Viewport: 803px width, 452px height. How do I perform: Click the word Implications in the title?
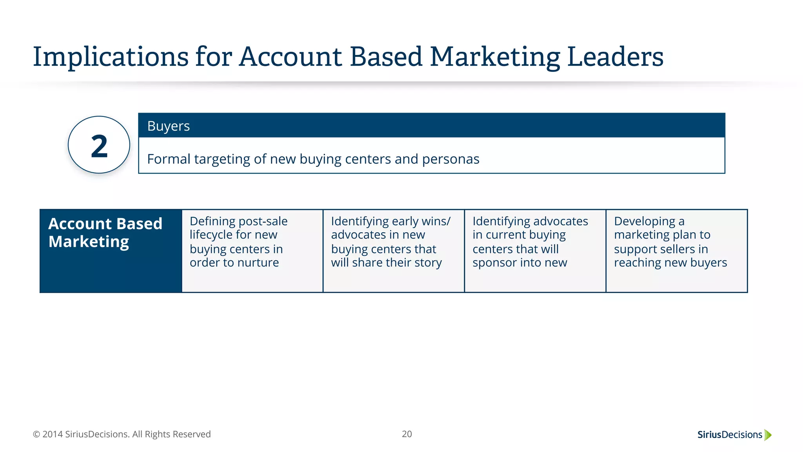coord(111,57)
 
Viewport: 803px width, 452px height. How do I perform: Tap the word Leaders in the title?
coord(615,57)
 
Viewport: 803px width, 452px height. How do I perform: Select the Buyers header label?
coord(168,126)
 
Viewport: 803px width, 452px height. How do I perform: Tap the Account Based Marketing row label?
coord(105,233)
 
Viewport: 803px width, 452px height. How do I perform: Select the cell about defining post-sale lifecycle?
coord(252,251)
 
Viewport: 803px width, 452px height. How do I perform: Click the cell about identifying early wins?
coord(393,251)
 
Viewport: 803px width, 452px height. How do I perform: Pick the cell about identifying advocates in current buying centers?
coord(535,251)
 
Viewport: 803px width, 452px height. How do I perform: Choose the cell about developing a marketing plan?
coord(676,251)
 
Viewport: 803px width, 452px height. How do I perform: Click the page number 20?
coord(407,434)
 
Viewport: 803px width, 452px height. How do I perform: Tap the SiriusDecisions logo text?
coord(729,435)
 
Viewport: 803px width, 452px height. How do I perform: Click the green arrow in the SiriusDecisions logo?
coord(768,435)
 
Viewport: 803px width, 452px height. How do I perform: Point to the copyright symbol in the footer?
coord(36,434)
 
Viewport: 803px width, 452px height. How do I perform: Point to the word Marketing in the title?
coord(495,57)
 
